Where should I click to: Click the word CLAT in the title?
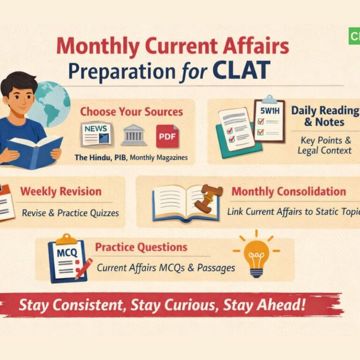241,70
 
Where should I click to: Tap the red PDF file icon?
167,136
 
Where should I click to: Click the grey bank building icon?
134,135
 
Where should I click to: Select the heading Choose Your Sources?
131,112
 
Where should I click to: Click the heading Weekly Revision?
60,191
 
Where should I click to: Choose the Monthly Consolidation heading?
288,191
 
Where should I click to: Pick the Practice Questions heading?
141,247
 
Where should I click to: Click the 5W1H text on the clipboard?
269,112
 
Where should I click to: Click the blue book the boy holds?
35,150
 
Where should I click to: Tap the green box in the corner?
354,37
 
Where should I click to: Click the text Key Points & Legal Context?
324,145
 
